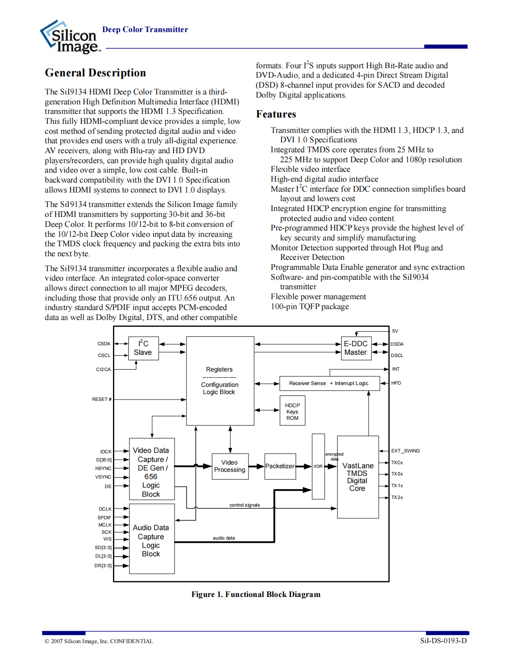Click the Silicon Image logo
tap(70, 37)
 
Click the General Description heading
tap(95, 73)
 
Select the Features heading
tap(276, 114)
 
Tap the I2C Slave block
tap(143, 348)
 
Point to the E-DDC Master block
tap(356, 348)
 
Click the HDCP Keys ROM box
tap(292, 411)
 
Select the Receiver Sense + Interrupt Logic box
tap(329, 383)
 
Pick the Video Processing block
tap(230, 466)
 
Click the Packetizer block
tap(280, 466)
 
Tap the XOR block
tap(318, 466)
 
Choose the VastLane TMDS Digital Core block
tap(357, 477)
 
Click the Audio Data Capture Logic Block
tap(151, 540)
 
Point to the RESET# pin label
tap(102, 400)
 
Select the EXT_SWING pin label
tap(405, 451)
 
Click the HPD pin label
tap(396, 383)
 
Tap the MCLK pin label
tap(105, 525)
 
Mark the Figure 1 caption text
tap(256, 594)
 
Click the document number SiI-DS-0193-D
tap(443, 641)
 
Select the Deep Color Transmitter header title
tap(145, 30)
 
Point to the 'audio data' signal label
tap(224, 538)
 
